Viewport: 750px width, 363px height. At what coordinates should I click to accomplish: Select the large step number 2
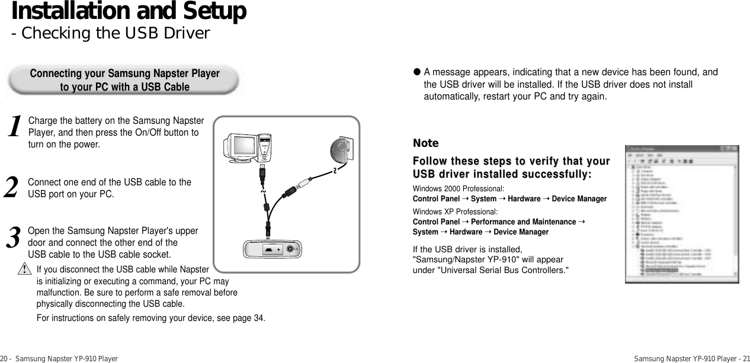17,188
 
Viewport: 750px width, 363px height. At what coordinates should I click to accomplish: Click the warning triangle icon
24,270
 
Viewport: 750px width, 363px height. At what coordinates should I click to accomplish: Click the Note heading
425,143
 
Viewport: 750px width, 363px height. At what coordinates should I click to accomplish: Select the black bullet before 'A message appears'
416,72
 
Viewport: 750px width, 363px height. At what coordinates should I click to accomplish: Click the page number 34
259,318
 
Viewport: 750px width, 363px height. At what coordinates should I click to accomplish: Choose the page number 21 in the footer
745,358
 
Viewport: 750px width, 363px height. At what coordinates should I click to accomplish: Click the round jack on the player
290,249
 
